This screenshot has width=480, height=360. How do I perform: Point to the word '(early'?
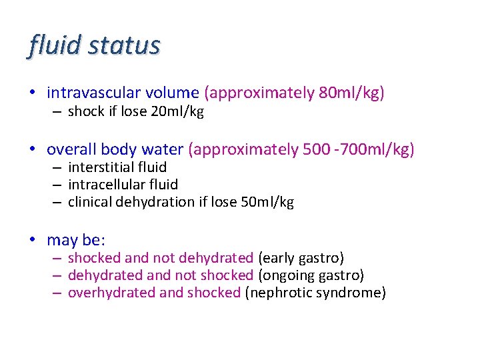pos(275,258)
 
